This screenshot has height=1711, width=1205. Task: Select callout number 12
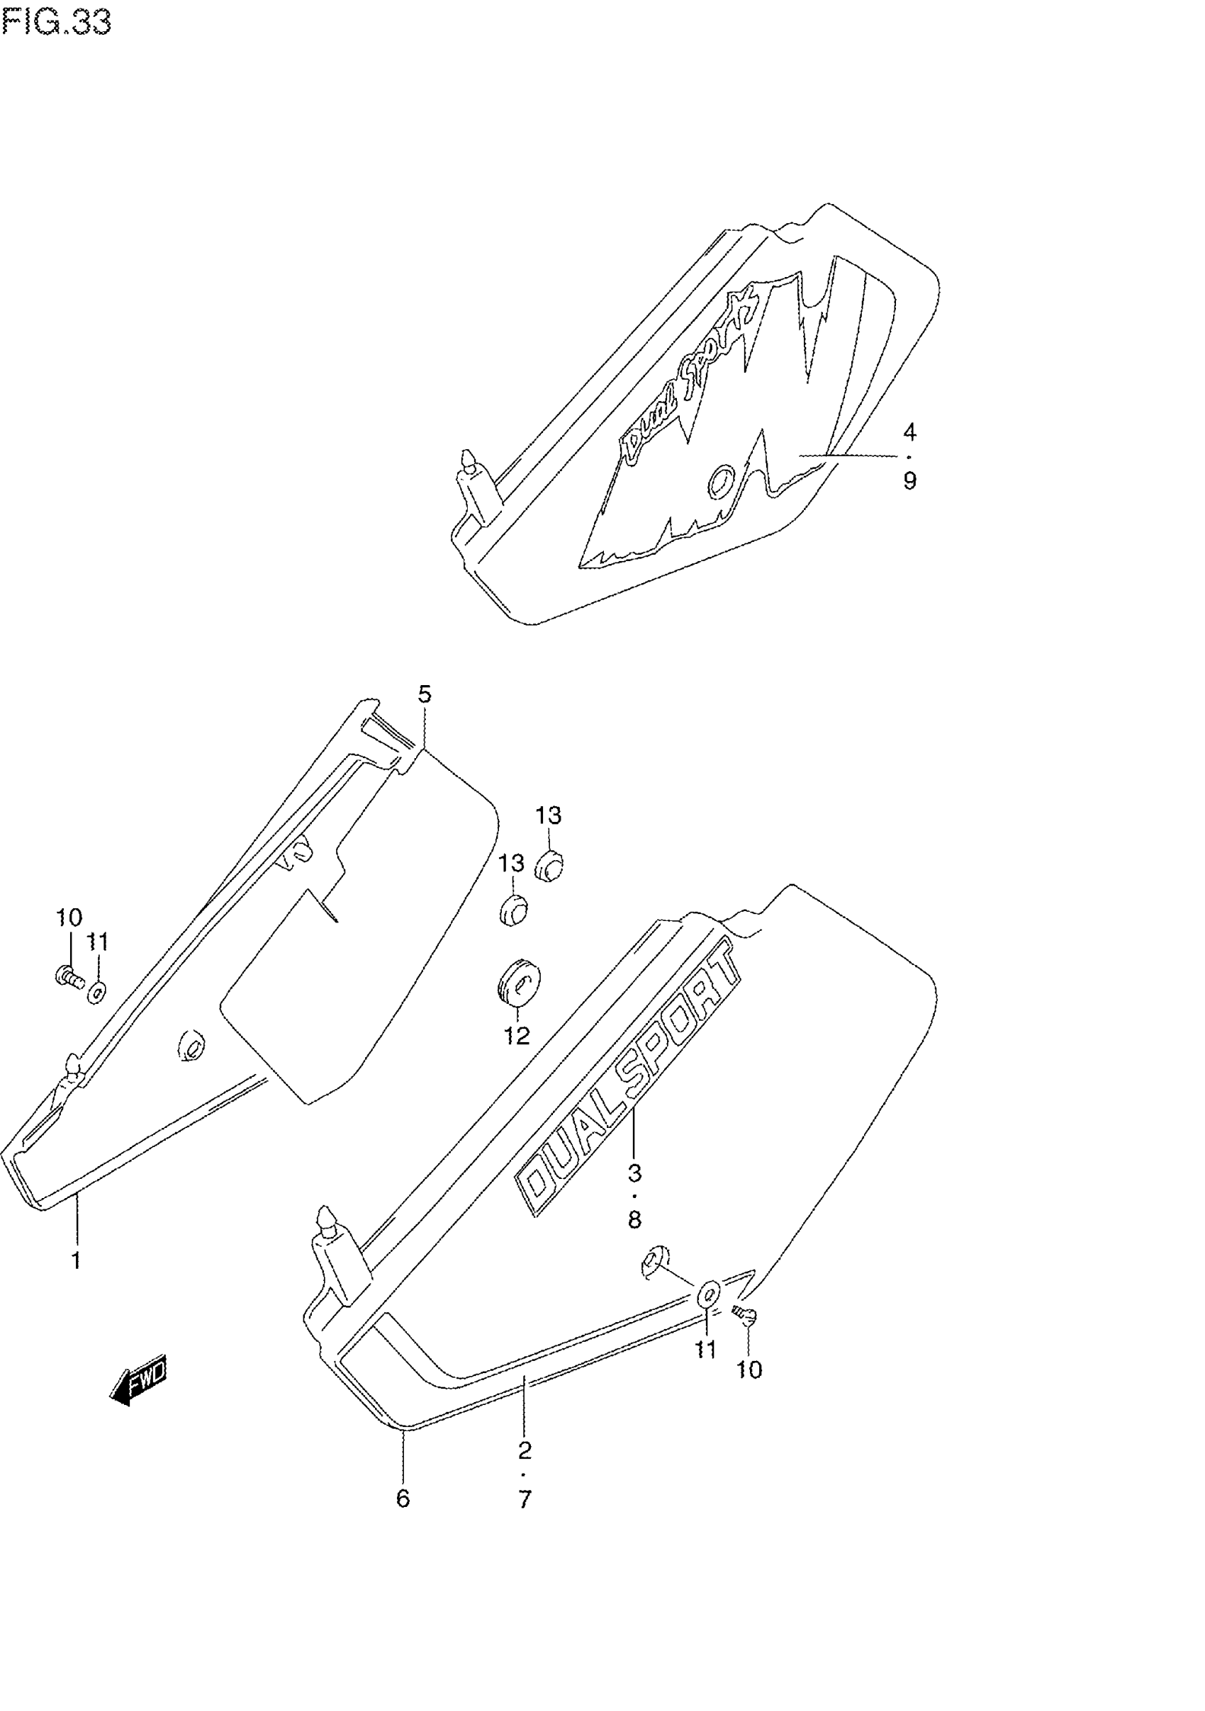click(517, 1035)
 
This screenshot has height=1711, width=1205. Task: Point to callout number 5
click(425, 694)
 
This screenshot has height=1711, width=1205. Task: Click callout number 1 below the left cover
click(75, 1260)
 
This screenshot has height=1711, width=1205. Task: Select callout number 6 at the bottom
click(403, 1498)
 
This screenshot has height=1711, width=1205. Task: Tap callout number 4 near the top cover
click(909, 432)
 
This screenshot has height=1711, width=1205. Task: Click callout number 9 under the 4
click(909, 480)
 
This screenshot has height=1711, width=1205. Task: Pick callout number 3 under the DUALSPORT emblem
click(634, 1174)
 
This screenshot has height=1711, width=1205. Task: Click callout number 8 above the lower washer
click(634, 1220)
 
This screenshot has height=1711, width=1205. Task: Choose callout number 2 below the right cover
click(525, 1450)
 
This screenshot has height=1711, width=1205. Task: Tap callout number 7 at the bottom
click(525, 1498)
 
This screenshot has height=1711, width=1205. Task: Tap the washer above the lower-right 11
click(708, 1293)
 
